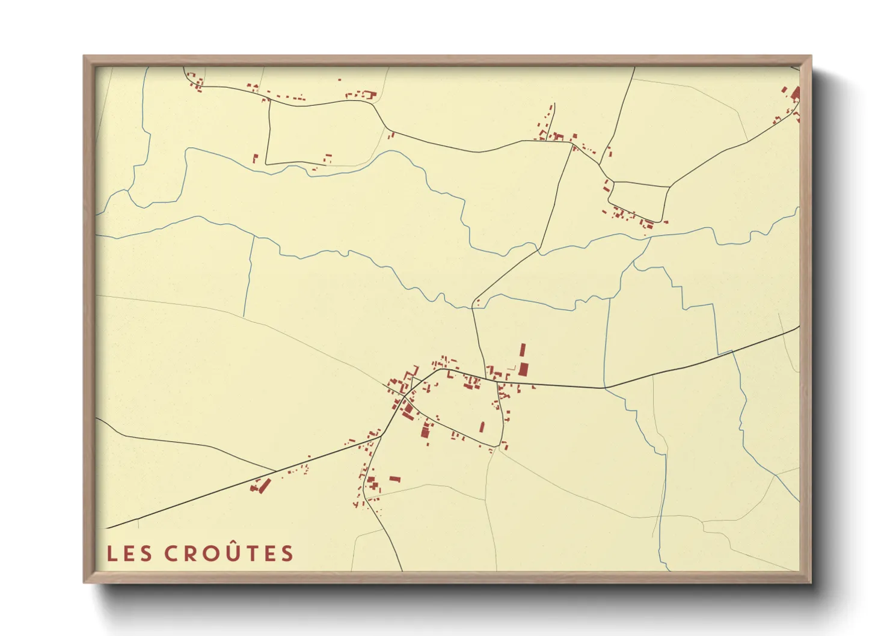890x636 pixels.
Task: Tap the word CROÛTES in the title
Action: pos(229,553)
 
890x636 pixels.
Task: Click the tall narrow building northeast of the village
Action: pos(523,351)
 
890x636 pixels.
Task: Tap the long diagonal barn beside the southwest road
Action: pos(265,485)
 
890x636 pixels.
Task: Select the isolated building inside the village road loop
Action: pos(482,427)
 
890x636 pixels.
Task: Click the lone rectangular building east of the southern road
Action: pos(394,479)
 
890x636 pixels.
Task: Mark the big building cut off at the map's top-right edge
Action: pos(796,94)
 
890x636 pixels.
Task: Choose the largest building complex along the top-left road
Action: pos(368,94)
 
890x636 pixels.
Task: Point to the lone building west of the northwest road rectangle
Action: pos(255,159)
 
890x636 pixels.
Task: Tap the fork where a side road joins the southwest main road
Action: pos(275,471)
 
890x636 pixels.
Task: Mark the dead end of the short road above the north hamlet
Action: pos(553,103)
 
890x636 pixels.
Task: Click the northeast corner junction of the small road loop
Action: pos(669,187)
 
